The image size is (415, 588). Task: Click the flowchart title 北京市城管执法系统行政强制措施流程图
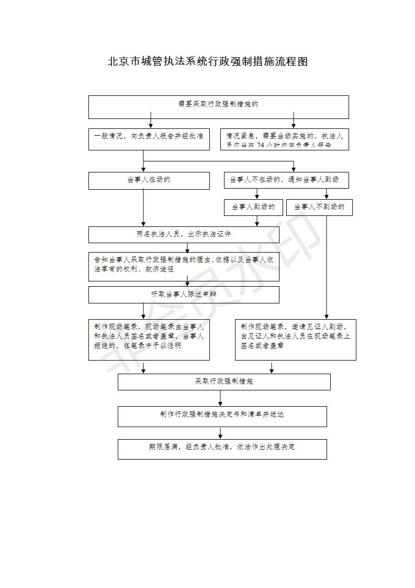tap(208, 62)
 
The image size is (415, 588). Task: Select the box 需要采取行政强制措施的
tap(218, 107)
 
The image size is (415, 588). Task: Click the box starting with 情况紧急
tap(284, 139)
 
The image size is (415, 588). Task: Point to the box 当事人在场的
tap(149, 181)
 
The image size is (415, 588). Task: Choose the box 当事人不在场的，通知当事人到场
tap(286, 180)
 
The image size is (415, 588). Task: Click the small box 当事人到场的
tap(253, 207)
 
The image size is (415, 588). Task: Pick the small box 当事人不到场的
tap(319, 207)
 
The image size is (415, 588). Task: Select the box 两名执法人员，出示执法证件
tap(184, 234)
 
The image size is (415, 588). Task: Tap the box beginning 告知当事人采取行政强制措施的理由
tap(184, 266)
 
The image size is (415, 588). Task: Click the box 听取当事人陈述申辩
tap(184, 295)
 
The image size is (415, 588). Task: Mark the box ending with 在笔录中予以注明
tap(149, 340)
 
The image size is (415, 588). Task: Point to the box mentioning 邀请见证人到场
tap(295, 340)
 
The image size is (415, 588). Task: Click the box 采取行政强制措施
tap(224, 382)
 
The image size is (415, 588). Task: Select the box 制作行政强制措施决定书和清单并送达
tap(222, 416)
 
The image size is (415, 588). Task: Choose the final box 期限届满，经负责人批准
tap(222, 449)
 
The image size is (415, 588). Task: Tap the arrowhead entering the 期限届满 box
tap(220, 436)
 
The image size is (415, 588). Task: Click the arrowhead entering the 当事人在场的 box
tap(143, 169)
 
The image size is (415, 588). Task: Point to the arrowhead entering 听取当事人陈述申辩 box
tap(187, 284)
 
